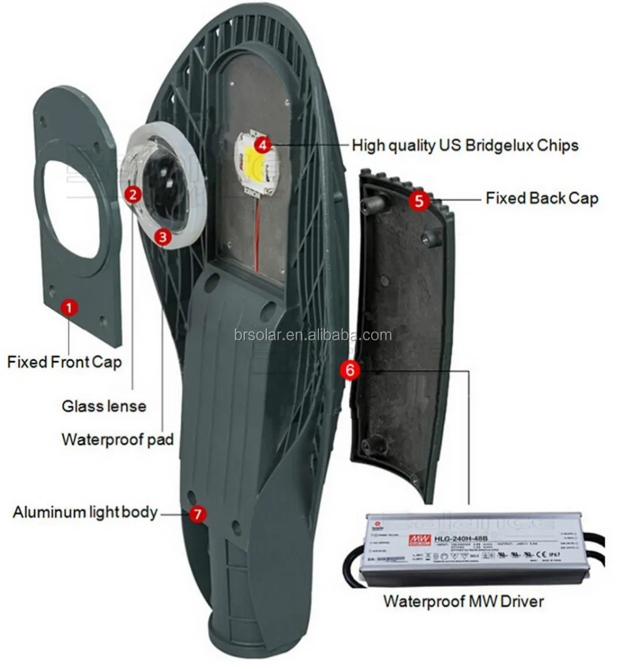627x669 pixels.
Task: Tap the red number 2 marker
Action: (132, 194)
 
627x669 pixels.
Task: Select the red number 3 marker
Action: (163, 236)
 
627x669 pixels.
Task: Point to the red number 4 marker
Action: (263, 144)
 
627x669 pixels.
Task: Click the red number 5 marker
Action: (419, 200)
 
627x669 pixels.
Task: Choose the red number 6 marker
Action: (350, 371)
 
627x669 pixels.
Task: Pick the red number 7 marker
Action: (198, 514)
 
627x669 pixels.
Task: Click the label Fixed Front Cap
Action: (65, 362)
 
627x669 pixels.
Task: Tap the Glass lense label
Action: (104, 406)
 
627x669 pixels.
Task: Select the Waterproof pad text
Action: (117, 439)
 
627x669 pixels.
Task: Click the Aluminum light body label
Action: (85, 512)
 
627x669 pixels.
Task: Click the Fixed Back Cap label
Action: (542, 198)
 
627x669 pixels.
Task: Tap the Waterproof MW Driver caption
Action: (463, 601)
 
